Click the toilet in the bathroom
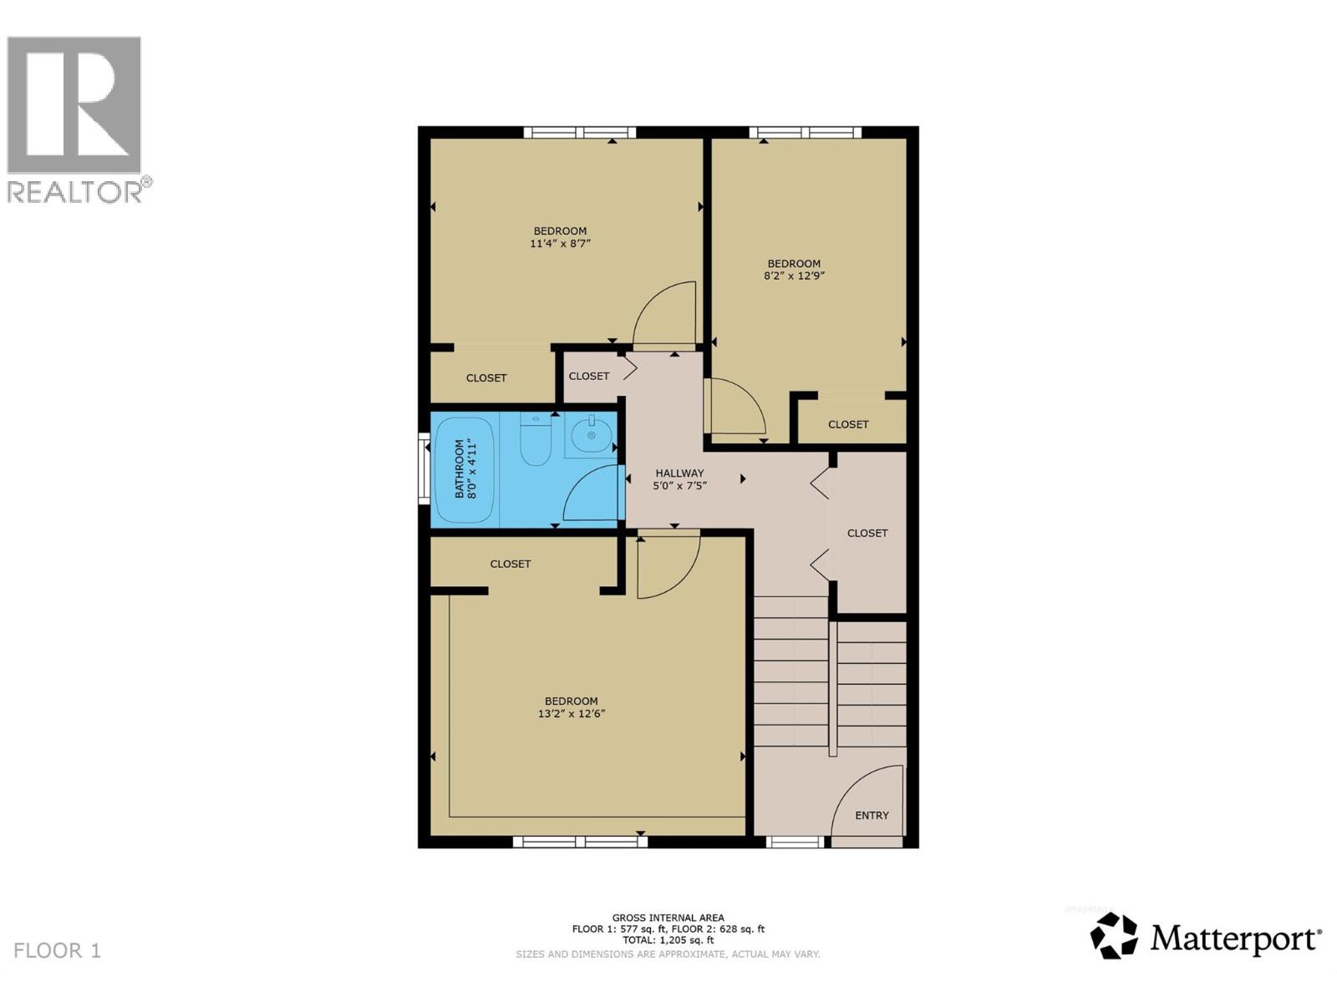[x=536, y=440]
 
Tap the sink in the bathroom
[x=591, y=434]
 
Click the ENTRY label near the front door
[x=872, y=815]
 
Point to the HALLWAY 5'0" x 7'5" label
[x=679, y=478]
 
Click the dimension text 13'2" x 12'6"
[x=572, y=714]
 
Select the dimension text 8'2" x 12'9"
[x=794, y=276]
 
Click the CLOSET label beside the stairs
[x=867, y=533]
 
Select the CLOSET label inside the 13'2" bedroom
[x=511, y=564]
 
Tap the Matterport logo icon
[x=1114, y=935]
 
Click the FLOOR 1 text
[x=57, y=950]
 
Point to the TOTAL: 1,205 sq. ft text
[x=668, y=939]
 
